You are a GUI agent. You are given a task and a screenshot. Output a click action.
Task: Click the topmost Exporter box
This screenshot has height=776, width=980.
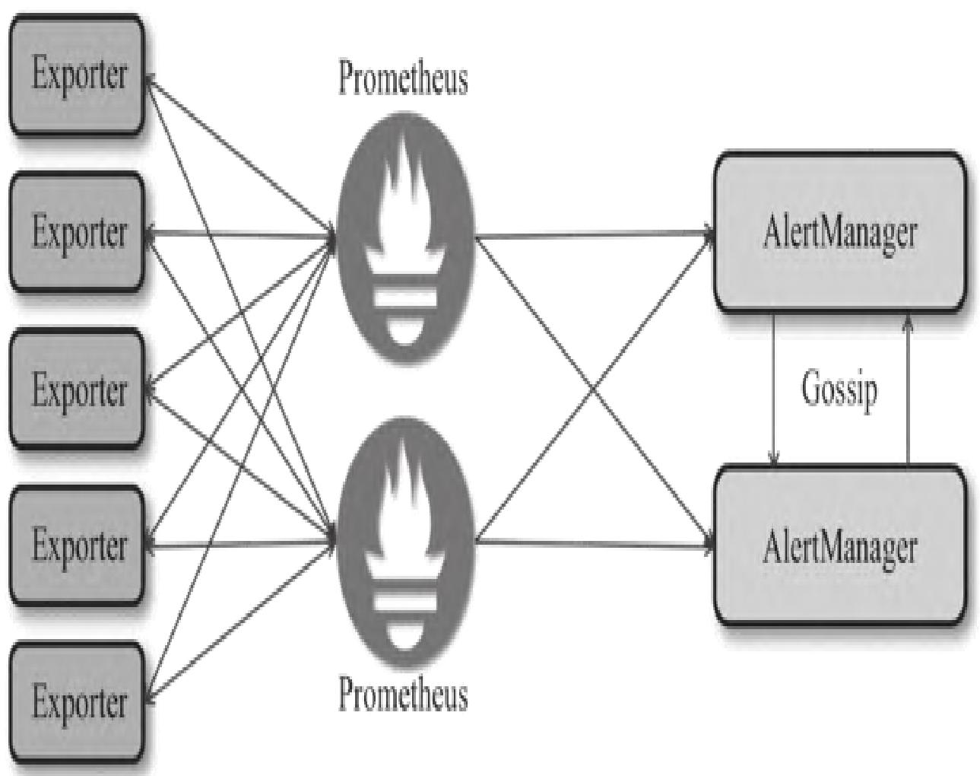tap(76, 75)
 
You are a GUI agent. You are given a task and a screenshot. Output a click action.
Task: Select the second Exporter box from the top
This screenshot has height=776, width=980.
tap(76, 231)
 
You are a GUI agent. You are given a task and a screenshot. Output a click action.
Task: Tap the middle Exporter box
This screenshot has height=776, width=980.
tap(76, 388)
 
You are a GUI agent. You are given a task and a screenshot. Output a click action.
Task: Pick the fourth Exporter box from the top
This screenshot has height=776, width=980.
tap(76, 545)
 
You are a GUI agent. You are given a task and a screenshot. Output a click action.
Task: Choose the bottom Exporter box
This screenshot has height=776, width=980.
tap(76, 701)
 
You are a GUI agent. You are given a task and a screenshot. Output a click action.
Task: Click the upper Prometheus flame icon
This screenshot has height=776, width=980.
tap(403, 236)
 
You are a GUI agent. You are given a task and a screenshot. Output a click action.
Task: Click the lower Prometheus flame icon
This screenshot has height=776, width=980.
tap(403, 543)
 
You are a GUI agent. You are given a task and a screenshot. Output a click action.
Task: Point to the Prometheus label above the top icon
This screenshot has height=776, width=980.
tap(403, 78)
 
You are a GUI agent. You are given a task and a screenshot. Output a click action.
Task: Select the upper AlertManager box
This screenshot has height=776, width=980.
tap(839, 232)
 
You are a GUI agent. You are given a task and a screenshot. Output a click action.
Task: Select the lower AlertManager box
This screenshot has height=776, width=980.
tap(839, 546)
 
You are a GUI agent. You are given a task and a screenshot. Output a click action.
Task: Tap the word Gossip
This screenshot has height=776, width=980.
tap(839, 389)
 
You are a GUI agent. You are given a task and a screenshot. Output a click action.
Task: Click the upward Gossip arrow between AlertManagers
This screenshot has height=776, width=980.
tap(906, 388)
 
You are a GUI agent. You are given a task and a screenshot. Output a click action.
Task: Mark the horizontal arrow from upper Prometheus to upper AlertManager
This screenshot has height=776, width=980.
tap(593, 235)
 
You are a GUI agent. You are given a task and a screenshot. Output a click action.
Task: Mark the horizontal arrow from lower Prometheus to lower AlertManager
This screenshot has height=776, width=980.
tap(593, 543)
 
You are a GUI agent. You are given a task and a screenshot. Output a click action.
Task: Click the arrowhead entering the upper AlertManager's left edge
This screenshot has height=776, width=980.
tap(708, 234)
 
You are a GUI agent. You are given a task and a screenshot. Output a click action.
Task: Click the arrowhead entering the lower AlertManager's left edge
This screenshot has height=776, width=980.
tap(708, 545)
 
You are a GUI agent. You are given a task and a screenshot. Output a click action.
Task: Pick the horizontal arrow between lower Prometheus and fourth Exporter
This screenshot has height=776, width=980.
tap(239, 544)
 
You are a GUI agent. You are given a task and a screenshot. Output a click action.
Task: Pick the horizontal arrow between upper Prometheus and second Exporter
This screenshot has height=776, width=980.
tap(239, 234)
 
